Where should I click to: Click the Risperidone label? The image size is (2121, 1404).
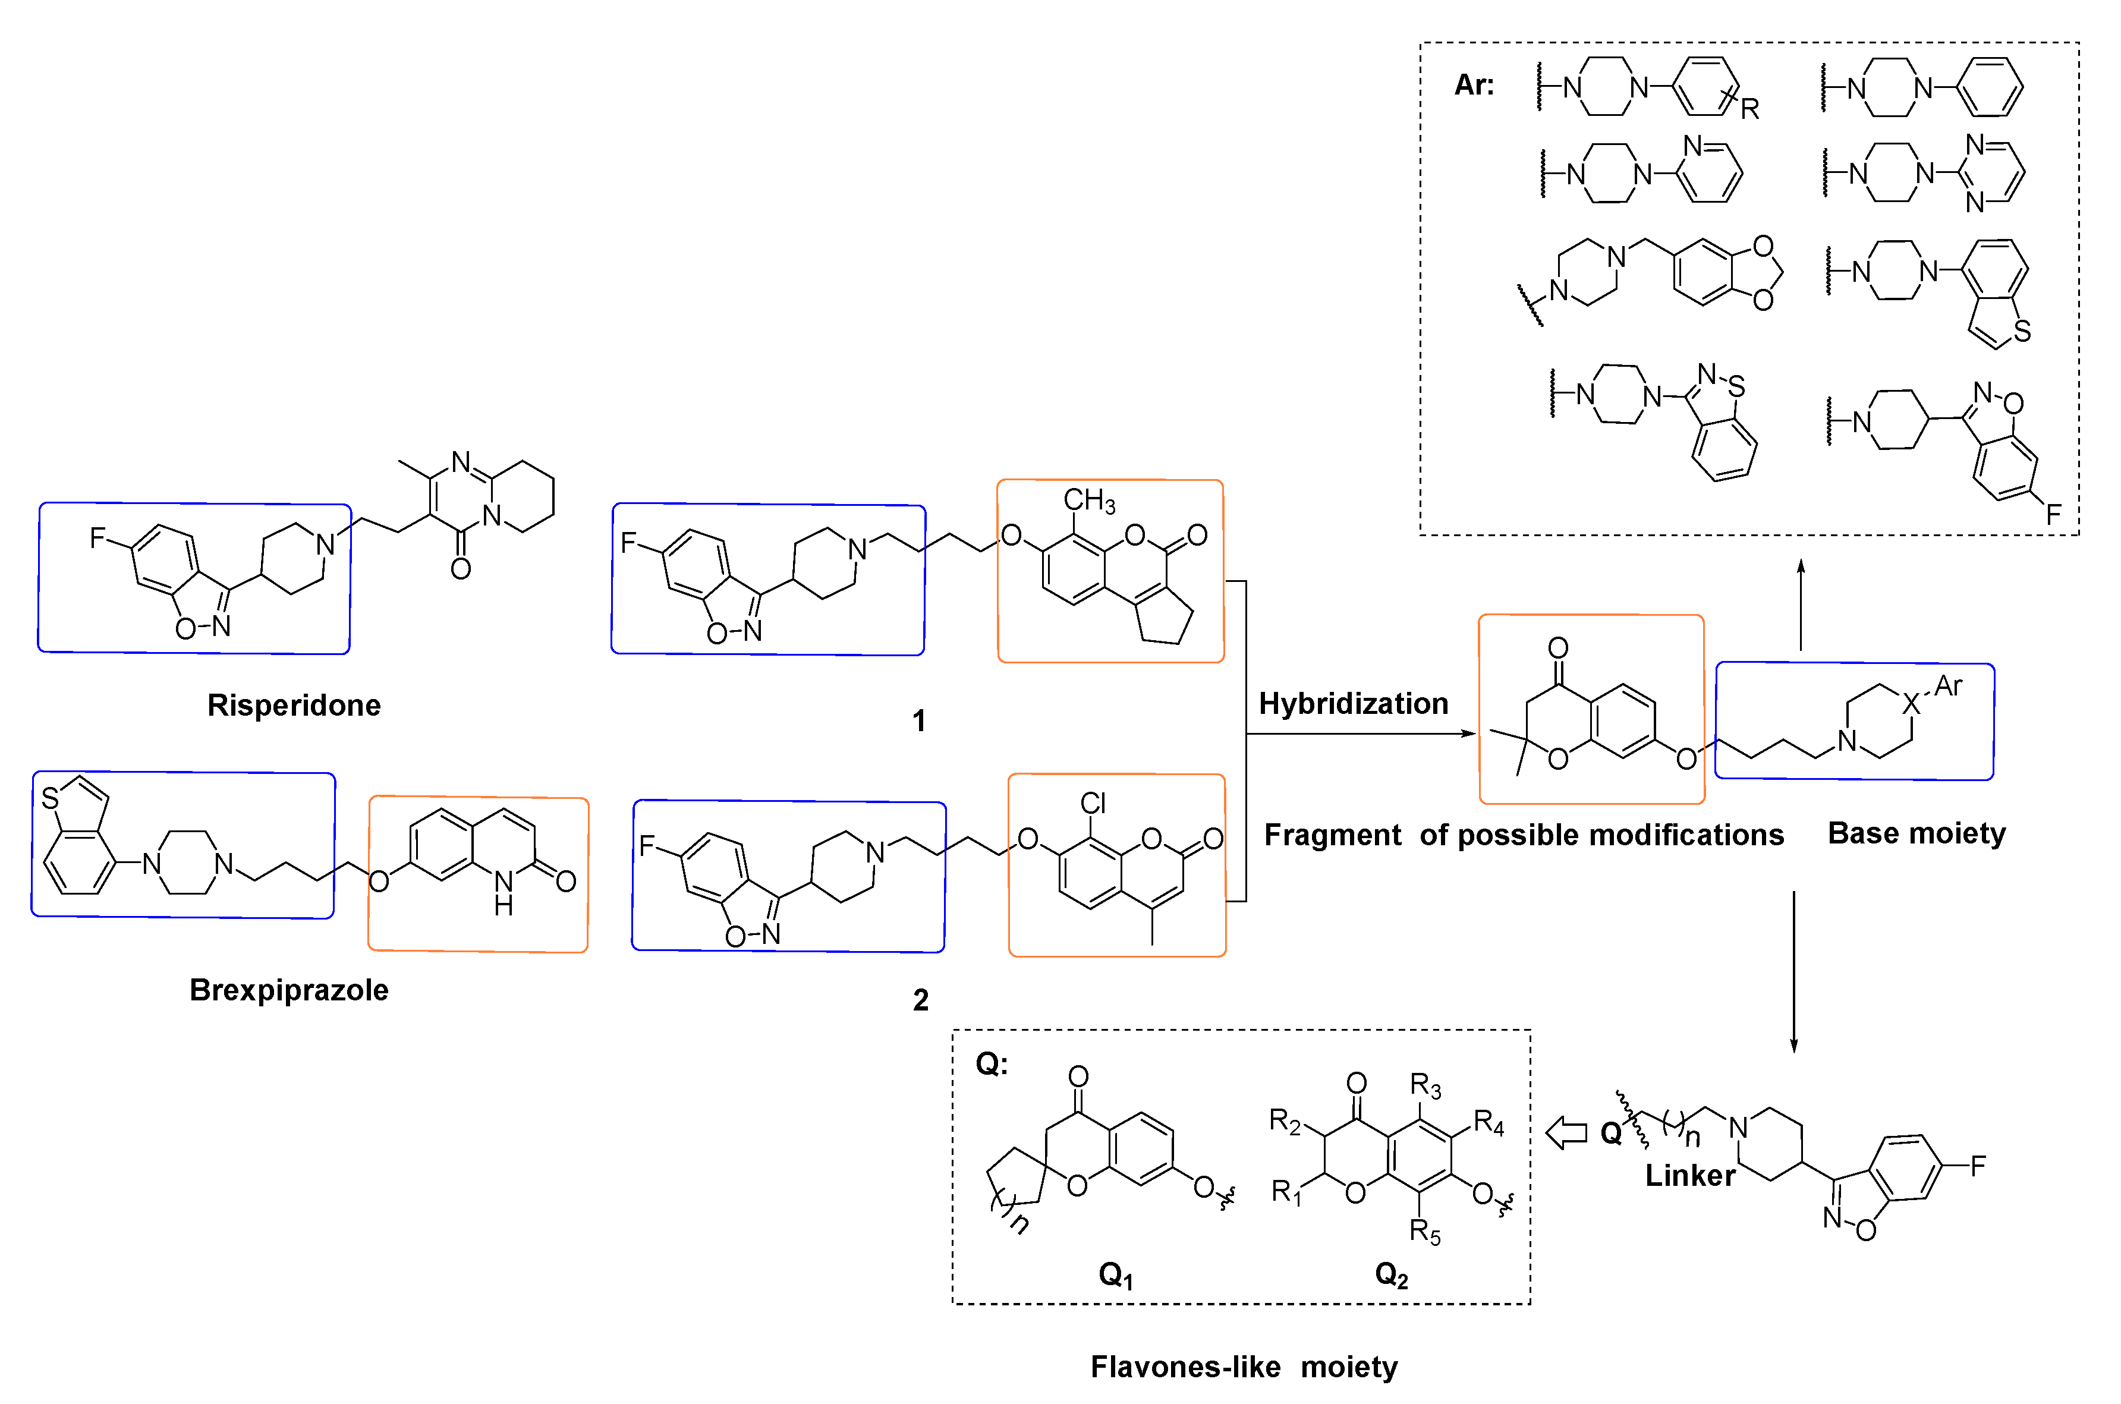coord(294,706)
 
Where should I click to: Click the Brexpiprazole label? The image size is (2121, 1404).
coord(288,990)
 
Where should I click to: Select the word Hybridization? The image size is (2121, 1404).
coord(1353,704)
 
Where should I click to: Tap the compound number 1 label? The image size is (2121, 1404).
coord(918,721)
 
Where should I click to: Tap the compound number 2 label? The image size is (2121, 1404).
coord(920,1000)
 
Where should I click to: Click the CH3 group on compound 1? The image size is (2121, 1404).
coord(1088,500)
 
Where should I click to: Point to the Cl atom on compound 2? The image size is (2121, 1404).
coord(1093,803)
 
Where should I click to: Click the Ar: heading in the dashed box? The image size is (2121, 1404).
coord(1474,85)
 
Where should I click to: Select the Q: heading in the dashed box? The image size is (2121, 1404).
coord(991,1064)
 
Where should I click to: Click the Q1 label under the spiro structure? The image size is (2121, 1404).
coord(1116,1275)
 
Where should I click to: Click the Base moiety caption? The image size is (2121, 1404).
coord(1916,833)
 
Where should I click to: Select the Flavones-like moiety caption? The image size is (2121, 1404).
coord(1244,1367)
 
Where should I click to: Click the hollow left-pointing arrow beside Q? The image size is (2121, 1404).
coord(1567,1133)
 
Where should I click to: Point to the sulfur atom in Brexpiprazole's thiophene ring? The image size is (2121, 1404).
coord(50,798)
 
